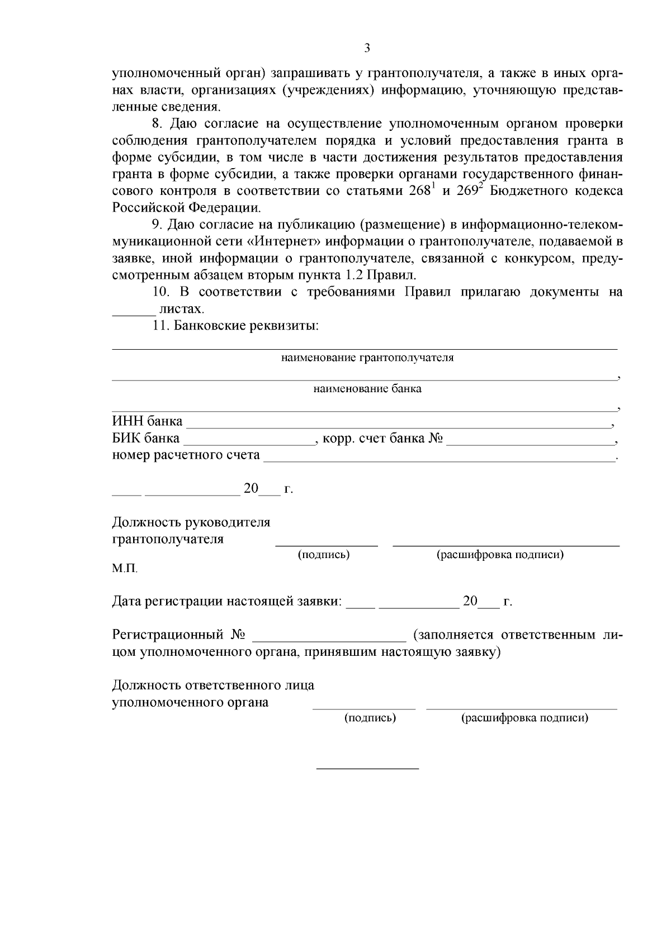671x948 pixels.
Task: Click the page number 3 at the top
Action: [367, 48]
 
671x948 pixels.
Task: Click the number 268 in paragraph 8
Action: [420, 191]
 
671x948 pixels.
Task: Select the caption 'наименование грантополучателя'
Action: [367, 358]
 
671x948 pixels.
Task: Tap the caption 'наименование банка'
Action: [367, 389]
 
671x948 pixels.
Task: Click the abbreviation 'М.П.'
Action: [125, 569]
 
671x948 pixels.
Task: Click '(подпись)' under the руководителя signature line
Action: [324, 555]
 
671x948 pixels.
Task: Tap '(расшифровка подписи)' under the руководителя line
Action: [499, 555]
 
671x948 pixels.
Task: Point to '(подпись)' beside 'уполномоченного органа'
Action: [370, 718]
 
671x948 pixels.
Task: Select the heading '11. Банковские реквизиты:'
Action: [235, 326]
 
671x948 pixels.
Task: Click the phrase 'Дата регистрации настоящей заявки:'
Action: [227, 602]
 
